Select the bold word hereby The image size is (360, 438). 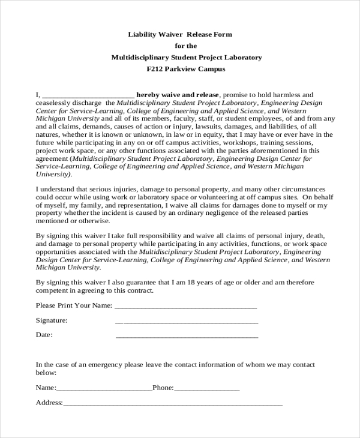pos(148,95)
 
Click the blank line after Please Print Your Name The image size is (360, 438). pos(185,305)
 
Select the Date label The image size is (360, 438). pos(44,335)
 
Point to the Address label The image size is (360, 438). pos(49,403)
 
